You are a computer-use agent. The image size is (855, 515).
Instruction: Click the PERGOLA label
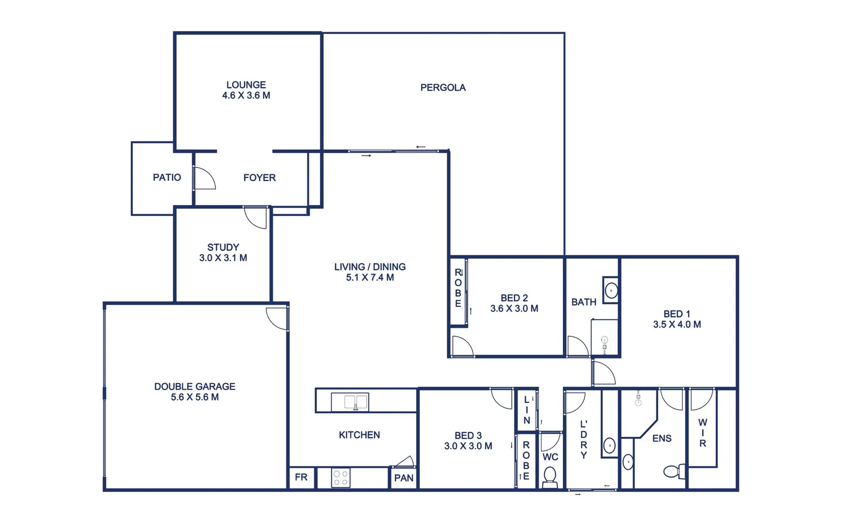click(443, 88)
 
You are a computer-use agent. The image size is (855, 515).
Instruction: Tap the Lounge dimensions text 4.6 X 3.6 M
click(246, 95)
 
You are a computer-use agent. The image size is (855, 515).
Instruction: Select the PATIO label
click(167, 177)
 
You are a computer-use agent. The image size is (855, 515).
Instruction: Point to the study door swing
click(255, 218)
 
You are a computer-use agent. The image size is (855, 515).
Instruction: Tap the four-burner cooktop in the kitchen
click(340, 478)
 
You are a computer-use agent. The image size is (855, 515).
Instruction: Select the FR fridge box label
click(301, 477)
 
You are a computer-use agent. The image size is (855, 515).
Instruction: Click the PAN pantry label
click(403, 478)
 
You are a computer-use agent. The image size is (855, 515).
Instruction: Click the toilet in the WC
click(550, 476)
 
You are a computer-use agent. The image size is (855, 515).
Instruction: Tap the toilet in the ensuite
click(674, 472)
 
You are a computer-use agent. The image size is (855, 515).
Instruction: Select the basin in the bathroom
click(611, 290)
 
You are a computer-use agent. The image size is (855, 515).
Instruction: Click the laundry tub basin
click(609, 445)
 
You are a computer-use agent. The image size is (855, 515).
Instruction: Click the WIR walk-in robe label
click(702, 433)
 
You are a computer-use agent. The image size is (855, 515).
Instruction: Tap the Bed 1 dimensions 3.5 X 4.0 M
click(676, 325)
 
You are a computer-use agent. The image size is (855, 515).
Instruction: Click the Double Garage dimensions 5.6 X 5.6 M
click(194, 397)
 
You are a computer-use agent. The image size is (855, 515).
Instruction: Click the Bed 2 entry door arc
click(462, 346)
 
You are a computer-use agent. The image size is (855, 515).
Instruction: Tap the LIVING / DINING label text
click(369, 267)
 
